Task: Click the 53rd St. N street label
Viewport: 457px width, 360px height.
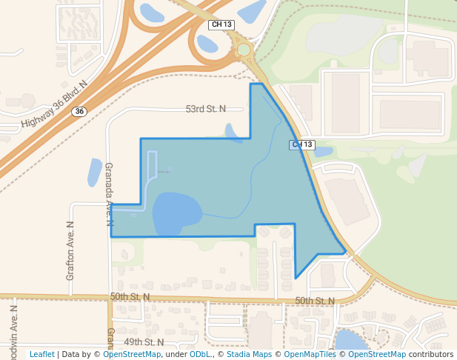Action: click(x=205, y=109)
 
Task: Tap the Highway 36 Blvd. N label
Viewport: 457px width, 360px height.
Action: click(x=54, y=104)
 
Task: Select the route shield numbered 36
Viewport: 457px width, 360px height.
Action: click(x=79, y=111)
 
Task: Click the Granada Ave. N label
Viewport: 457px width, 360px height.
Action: click(x=109, y=194)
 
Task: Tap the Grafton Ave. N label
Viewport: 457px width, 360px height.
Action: click(x=71, y=250)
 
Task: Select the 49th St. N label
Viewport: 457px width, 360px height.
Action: click(x=144, y=342)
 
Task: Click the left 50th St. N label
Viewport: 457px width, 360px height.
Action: click(x=130, y=296)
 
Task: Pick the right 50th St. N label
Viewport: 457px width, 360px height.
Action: click(x=314, y=301)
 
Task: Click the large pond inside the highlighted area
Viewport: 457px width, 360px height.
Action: click(x=176, y=214)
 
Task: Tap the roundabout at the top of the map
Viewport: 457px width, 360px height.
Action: click(x=244, y=50)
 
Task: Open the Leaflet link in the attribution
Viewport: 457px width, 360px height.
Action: click(x=42, y=355)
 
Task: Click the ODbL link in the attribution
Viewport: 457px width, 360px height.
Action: click(x=200, y=355)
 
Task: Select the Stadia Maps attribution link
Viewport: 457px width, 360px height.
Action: click(x=248, y=355)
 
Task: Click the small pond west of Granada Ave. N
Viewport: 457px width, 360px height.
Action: click(x=95, y=173)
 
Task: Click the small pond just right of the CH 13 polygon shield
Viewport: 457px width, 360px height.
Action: click(x=323, y=152)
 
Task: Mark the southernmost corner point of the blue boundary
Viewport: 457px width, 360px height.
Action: click(x=296, y=278)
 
